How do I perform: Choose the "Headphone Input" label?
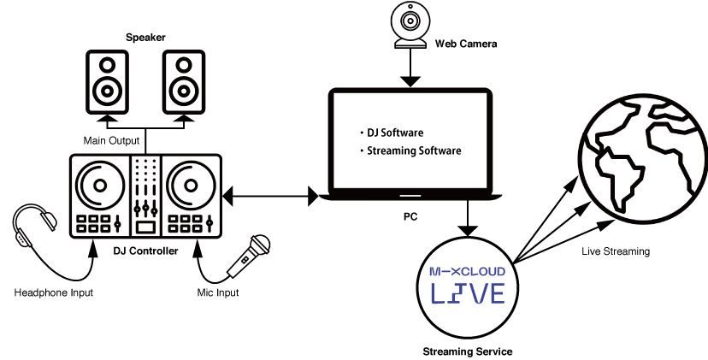click(53, 293)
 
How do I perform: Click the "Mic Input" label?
click(218, 293)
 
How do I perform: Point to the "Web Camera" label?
click(465, 43)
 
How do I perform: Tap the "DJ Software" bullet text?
click(395, 133)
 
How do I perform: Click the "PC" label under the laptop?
click(410, 216)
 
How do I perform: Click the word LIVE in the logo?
click(467, 293)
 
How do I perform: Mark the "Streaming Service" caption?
click(467, 351)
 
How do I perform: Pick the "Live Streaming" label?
click(616, 251)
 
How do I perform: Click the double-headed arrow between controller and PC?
click(269, 198)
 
